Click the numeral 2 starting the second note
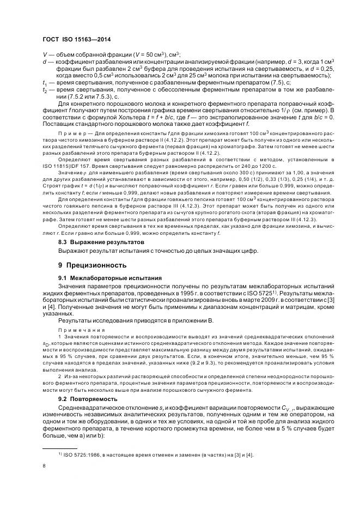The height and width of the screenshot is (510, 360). click(59, 377)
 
